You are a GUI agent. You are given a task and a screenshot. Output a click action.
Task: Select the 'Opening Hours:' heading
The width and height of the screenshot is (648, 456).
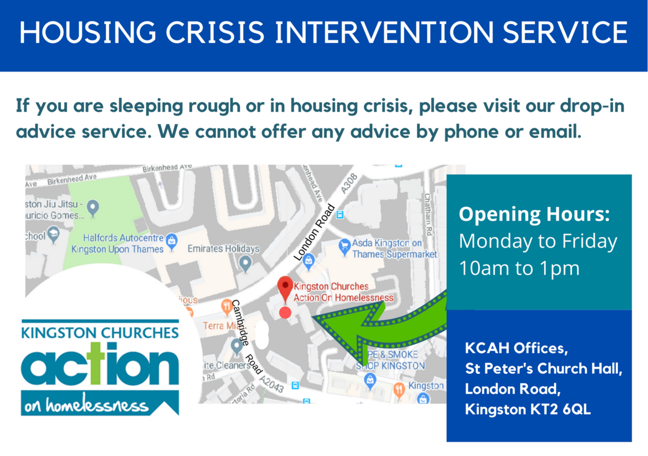534,215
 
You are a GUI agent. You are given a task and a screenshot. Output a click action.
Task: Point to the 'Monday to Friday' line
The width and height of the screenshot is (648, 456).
538,241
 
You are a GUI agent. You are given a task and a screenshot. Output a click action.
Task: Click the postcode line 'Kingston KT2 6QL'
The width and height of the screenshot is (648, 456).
527,409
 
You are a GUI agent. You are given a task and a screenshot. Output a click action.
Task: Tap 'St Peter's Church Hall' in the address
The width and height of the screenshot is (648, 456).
543,369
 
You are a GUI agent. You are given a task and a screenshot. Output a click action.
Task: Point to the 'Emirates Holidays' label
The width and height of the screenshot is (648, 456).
223,249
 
